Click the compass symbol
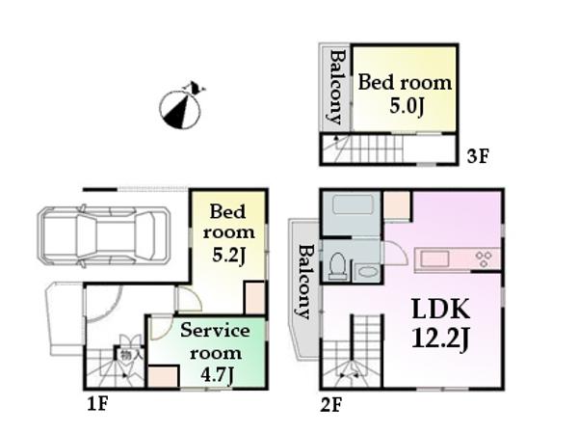pos(180,107)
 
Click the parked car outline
pos(97,234)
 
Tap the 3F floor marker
pos(477,155)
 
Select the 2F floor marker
pos(332,403)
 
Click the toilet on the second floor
pos(337,264)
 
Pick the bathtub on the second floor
pos(352,205)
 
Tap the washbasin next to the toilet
pos(367,271)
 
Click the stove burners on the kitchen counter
pos(483,258)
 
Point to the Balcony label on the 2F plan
pos(303,282)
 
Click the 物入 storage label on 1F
pos(126,355)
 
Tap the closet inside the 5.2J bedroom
pos(254,297)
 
